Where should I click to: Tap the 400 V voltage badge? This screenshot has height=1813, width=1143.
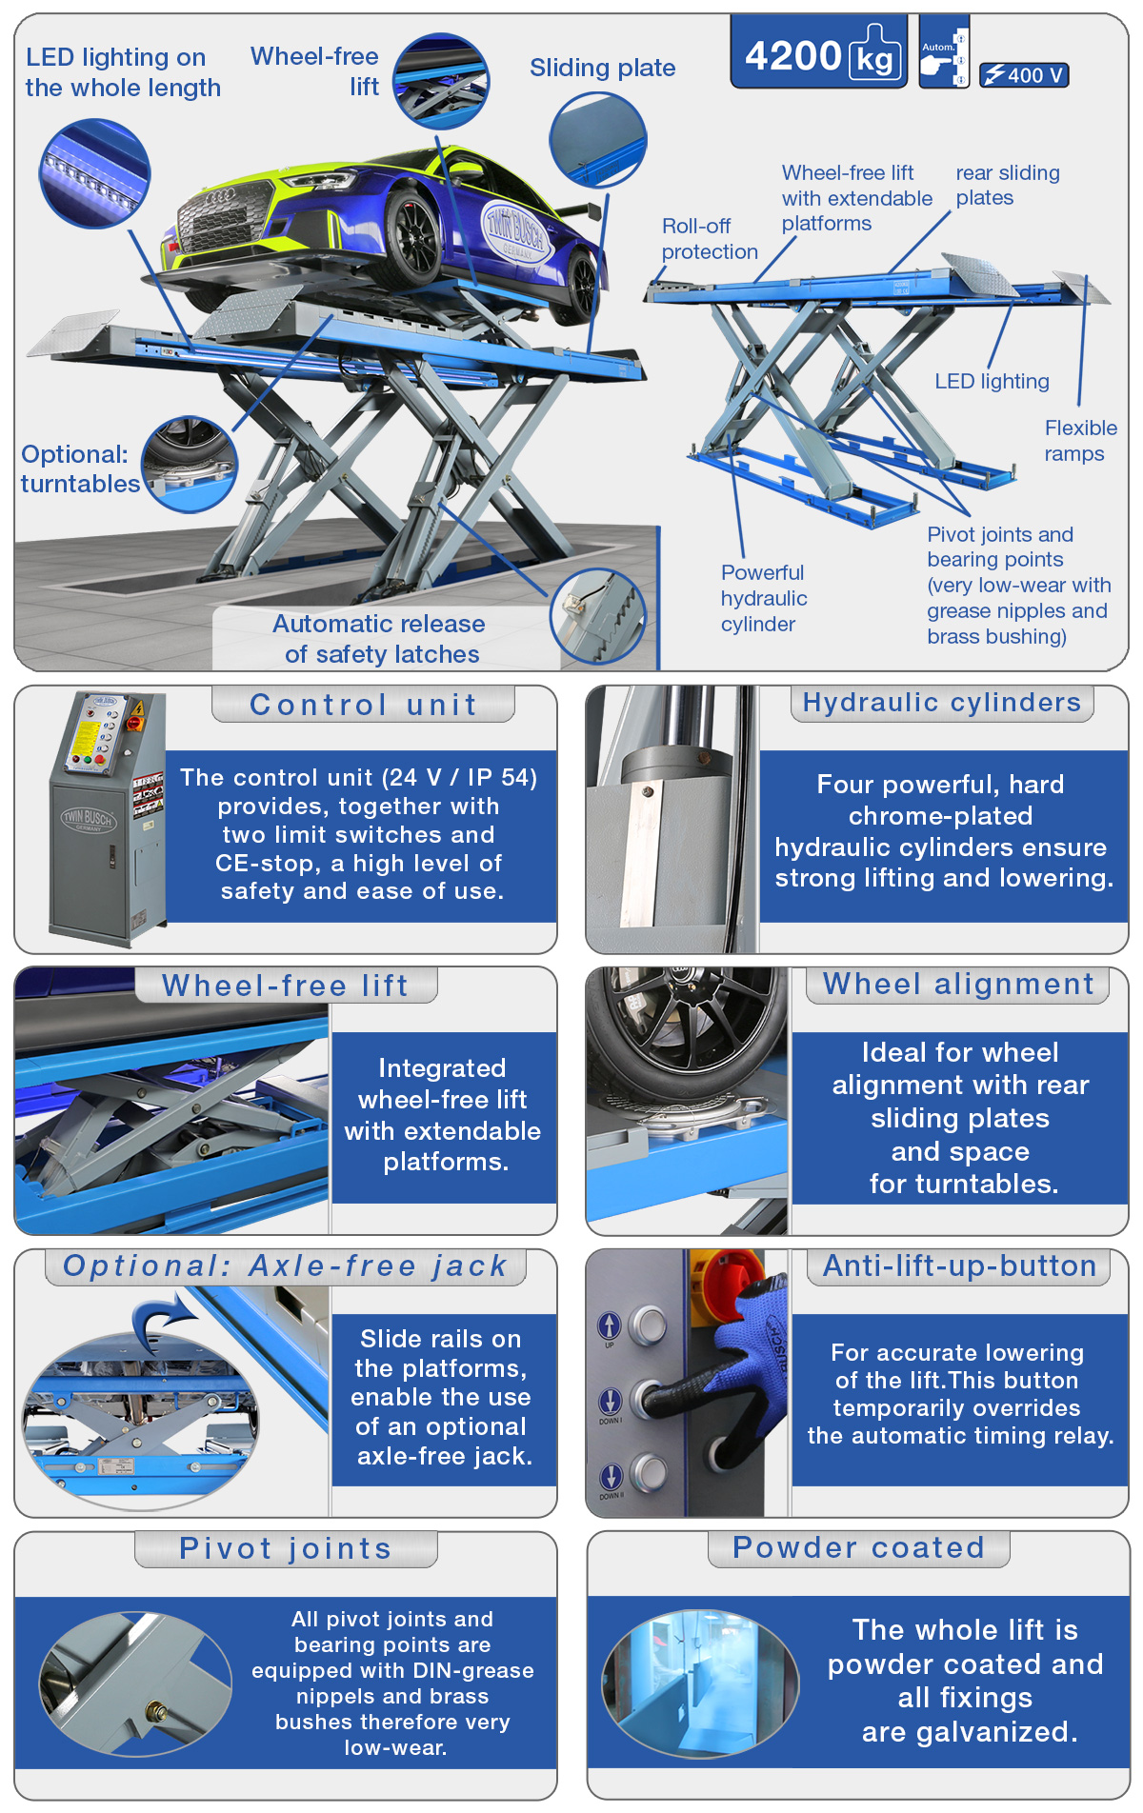tap(1024, 75)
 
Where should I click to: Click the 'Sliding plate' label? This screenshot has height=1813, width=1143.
tap(603, 68)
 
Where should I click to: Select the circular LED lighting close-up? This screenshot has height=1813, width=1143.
tap(94, 173)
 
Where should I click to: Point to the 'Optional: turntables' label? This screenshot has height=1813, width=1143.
tap(80, 468)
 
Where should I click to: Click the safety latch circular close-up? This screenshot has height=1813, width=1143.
tap(598, 617)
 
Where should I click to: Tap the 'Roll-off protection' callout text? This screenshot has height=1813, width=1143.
tap(710, 238)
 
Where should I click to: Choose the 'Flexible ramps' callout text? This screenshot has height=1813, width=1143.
tap(1080, 441)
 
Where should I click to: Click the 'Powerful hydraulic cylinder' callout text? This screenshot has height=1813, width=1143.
tap(764, 598)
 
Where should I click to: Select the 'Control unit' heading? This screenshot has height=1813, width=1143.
tap(363, 704)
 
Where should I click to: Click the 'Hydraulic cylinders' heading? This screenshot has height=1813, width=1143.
tap(942, 702)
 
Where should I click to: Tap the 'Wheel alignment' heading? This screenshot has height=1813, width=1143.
tap(958, 984)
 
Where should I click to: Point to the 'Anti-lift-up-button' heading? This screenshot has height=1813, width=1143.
tap(959, 1265)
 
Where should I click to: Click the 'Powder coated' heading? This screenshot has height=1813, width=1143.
tap(858, 1547)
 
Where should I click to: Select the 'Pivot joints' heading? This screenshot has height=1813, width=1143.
tap(286, 1548)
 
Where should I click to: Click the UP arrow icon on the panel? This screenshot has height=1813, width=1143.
tap(610, 1325)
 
